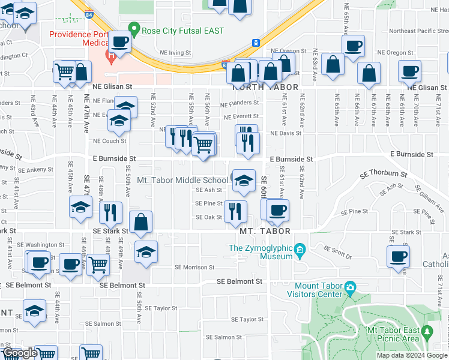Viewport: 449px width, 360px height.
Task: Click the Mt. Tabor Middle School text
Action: click(182, 180)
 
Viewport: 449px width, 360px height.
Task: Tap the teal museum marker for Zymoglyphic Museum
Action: click(300, 248)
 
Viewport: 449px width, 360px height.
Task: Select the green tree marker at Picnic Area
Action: click(427, 331)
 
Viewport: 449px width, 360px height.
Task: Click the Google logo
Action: click(20, 353)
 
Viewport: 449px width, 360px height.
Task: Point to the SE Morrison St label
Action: click(194, 267)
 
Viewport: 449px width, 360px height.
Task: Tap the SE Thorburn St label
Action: click(384, 175)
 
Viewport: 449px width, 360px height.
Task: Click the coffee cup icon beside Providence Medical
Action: click(120, 41)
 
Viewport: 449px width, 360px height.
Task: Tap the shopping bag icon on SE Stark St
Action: click(140, 222)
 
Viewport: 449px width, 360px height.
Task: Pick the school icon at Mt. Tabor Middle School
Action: click(244, 181)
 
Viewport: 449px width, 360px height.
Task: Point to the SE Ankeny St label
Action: click(35, 170)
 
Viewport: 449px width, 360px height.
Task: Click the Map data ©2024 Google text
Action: click(412, 355)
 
